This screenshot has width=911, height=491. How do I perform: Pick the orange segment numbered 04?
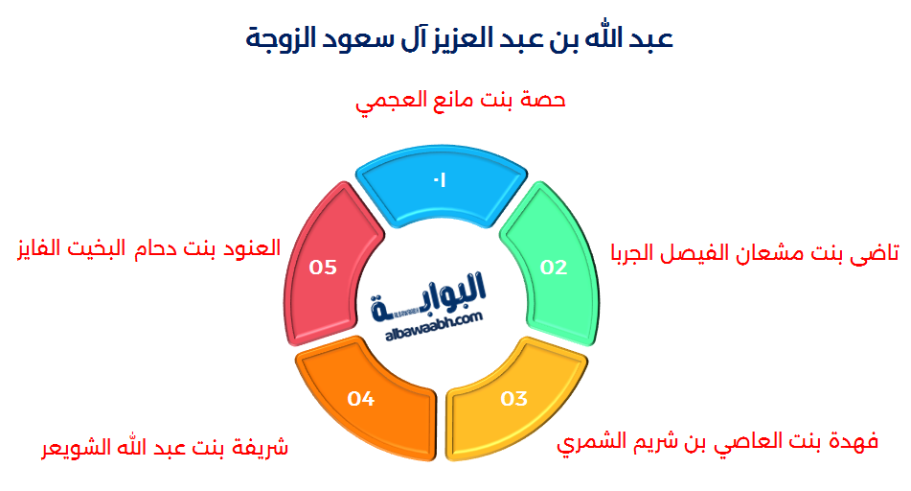pyautogui.click(x=365, y=394)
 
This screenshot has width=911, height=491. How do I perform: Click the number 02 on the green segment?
pyautogui.click(x=554, y=268)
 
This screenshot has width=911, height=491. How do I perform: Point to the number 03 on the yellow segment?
pyautogui.click(x=513, y=398)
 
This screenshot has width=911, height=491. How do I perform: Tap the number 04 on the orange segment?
pyautogui.click(x=360, y=398)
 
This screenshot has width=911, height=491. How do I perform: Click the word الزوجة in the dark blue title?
pyautogui.click(x=279, y=39)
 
